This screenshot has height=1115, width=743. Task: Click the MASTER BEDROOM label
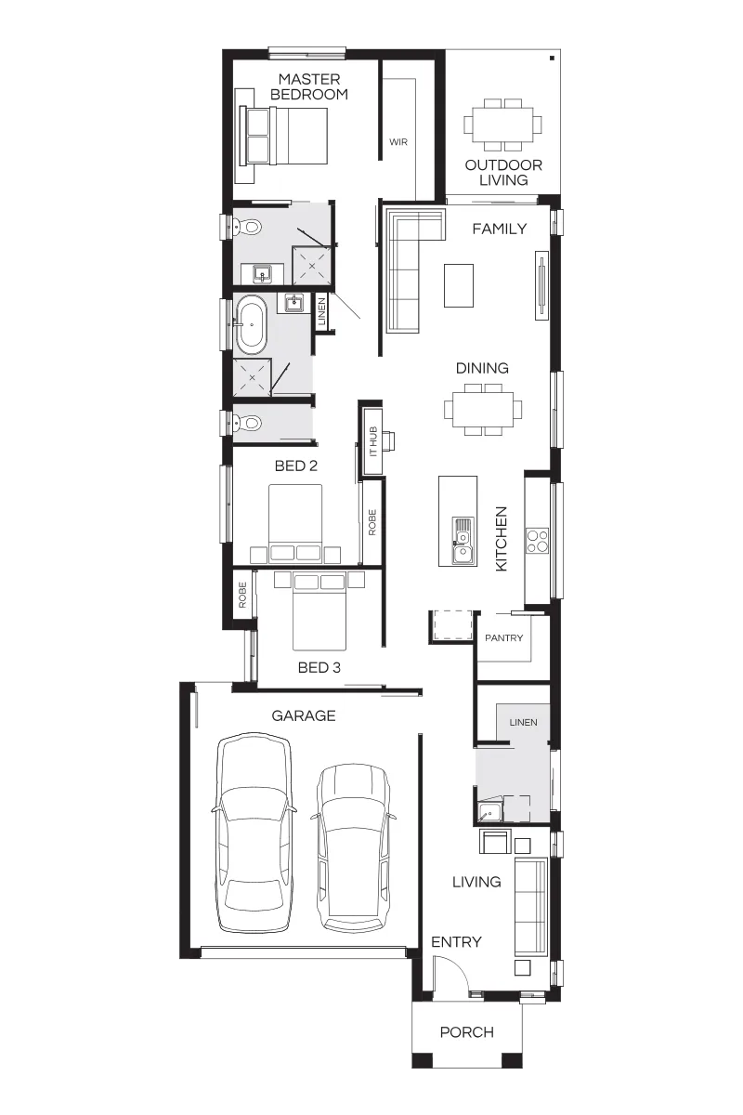pyautogui.click(x=309, y=86)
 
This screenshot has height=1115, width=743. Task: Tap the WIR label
pyautogui.click(x=398, y=142)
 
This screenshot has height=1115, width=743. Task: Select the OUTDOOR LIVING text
pyautogui.click(x=503, y=172)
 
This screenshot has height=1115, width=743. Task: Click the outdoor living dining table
pyautogui.click(x=503, y=125)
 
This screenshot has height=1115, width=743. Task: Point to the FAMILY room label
pyautogui.click(x=499, y=229)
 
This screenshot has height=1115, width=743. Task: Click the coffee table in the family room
pyautogui.click(x=459, y=285)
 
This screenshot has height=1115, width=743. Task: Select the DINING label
pyautogui.click(x=482, y=368)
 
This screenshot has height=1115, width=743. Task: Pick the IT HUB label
pyautogui.click(x=373, y=441)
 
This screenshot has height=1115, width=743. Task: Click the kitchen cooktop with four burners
pyautogui.click(x=538, y=541)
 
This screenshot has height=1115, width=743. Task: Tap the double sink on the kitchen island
pyautogui.click(x=463, y=541)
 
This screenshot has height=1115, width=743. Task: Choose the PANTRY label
pyautogui.click(x=503, y=637)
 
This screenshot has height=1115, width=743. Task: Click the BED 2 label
pyautogui.click(x=296, y=466)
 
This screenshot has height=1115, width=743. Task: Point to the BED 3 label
pyautogui.click(x=319, y=667)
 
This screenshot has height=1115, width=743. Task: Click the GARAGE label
pyautogui.click(x=303, y=715)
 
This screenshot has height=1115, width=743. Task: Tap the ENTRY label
pyautogui.click(x=456, y=942)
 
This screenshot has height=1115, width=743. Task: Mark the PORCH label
pyautogui.click(x=467, y=1032)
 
